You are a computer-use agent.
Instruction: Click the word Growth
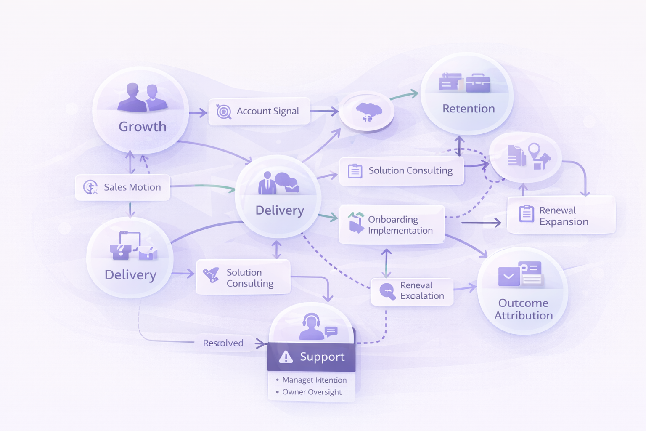[143, 127]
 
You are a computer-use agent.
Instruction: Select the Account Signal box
[259, 111]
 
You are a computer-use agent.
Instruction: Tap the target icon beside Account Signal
[224, 112]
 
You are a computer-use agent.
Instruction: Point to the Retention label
[469, 109]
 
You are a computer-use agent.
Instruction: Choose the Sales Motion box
[122, 187]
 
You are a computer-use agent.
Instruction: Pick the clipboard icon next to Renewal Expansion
[526, 213]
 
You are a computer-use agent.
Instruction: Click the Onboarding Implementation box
[392, 225]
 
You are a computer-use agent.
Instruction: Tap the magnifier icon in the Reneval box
[387, 291]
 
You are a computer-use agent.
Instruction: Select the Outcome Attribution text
[523, 309]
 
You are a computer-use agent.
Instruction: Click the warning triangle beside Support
[286, 357]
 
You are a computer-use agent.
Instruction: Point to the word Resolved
[223, 343]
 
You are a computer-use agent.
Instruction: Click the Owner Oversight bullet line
[312, 392]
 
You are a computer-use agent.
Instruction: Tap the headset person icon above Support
[311, 327]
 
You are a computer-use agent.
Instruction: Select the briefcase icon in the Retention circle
[478, 82]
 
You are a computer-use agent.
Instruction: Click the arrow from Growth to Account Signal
[198, 112]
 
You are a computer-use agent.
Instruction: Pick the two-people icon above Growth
[142, 98]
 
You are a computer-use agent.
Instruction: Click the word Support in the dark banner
[322, 357]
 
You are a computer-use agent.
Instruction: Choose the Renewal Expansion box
[561, 215]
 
